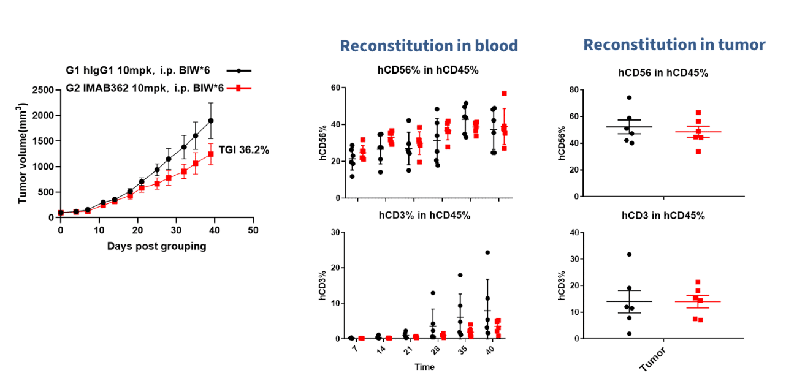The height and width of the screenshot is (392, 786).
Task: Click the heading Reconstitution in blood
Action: click(x=429, y=46)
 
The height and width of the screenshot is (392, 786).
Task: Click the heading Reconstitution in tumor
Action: click(x=674, y=45)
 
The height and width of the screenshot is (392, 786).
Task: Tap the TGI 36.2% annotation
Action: click(x=244, y=149)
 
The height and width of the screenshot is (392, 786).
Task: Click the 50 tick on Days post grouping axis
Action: click(x=253, y=230)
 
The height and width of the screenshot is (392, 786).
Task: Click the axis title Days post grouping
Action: click(x=156, y=246)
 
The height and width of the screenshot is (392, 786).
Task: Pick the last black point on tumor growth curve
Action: click(x=211, y=121)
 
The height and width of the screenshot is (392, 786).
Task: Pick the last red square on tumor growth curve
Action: click(x=211, y=154)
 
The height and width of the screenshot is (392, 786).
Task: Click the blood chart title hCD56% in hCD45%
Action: click(x=427, y=69)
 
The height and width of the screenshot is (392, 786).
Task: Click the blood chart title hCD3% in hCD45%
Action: click(x=427, y=215)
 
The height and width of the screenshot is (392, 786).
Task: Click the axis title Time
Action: click(x=424, y=367)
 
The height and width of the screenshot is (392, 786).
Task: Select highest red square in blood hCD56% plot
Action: click(x=504, y=94)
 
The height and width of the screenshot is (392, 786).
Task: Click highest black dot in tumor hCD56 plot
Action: click(x=629, y=98)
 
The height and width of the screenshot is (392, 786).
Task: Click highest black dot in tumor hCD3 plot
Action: click(x=629, y=254)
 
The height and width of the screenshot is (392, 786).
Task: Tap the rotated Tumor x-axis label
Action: click(x=652, y=358)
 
